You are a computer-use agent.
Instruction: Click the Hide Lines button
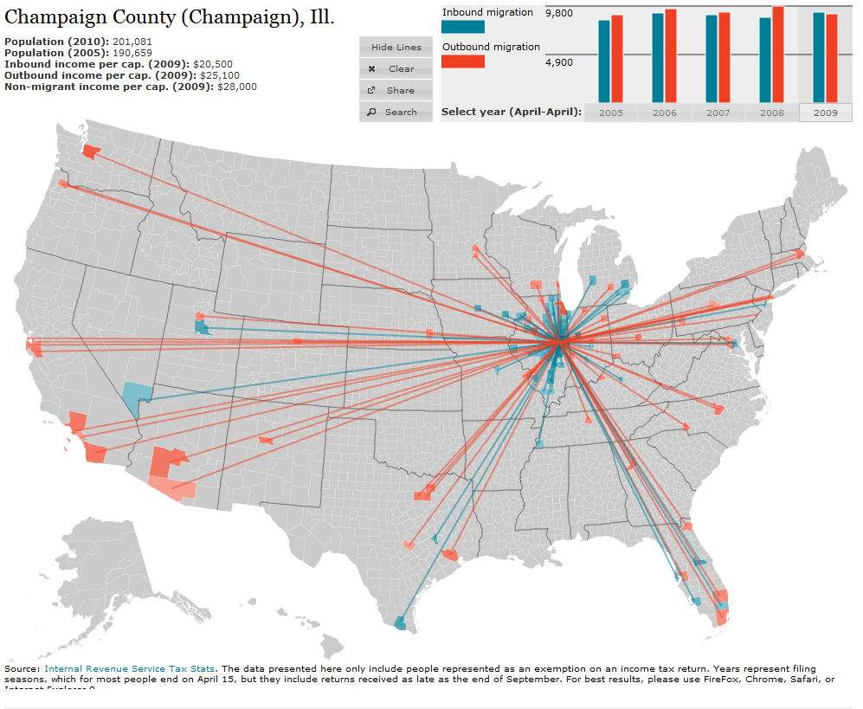(396, 48)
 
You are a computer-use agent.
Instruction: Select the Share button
(396, 91)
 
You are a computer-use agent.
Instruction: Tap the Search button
(396, 113)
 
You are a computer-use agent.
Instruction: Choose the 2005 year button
(610, 113)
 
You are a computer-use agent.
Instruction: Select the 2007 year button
(718, 113)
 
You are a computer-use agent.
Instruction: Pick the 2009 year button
(825, 113)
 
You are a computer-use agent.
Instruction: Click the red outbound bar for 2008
(778, 55)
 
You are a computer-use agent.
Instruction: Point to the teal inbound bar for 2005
(604, 61)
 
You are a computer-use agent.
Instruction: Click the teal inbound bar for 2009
(819, 57)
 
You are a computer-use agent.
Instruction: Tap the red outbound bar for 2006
(671, 55)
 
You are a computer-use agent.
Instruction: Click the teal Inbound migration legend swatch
(463, 27)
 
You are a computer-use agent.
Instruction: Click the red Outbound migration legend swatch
(463, 61)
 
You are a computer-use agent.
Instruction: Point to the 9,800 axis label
(558, 13)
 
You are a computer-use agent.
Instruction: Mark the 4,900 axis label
(558, 63)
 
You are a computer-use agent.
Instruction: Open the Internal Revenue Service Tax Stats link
(129, 669)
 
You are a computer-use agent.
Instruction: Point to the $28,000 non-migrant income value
(237, 87)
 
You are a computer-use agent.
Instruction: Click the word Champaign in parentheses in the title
(256, 17)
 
